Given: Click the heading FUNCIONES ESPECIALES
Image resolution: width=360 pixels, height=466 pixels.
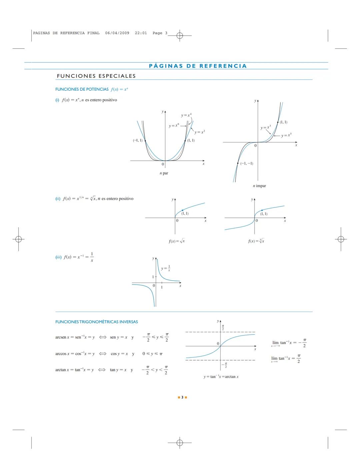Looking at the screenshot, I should [x=96, y=76].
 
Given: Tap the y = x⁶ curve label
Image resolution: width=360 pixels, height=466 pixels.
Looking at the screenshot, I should [x=174, y=126].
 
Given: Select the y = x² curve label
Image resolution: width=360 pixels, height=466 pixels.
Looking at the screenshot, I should [x=200, y=132].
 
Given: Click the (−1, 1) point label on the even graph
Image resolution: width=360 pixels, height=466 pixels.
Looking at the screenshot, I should [x=138, y=140].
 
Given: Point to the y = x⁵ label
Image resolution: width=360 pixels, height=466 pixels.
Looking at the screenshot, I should [x=286, y=135].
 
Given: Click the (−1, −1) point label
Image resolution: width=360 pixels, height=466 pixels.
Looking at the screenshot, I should [x=247, y=163].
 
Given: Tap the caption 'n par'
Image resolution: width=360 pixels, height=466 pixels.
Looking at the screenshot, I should [x=164, y=173].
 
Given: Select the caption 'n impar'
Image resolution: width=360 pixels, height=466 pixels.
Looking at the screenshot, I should [x=259, y=186].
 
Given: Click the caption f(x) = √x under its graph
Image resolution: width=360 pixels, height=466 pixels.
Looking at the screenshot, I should [x=177, y=241].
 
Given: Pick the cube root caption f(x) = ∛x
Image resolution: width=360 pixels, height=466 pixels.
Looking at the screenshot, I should [x=256, y=241].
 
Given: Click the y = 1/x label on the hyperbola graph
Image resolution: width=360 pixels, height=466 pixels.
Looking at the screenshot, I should [x=166, y=268].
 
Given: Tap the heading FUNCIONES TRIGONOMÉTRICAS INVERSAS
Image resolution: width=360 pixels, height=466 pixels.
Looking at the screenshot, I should [x=96, y=322].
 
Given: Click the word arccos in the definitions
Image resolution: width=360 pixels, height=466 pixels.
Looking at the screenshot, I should [x=61, y=354].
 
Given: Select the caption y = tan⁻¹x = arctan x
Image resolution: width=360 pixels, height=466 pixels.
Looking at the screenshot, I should [x=221, y=377].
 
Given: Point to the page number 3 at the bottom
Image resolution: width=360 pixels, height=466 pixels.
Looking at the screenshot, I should [x=182, y=397].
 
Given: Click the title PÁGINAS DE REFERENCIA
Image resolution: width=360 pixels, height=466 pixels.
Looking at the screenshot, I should [x=198, y=66].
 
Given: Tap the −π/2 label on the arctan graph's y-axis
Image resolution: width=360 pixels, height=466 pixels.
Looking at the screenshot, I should [x=225, y=366].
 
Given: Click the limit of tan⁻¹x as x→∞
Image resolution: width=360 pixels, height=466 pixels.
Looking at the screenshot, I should [x=286, y=359].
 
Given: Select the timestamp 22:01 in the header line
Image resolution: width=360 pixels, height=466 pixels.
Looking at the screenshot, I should [x=141, y=33].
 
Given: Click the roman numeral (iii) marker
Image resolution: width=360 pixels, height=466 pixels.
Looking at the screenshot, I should [x=58, y=257].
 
